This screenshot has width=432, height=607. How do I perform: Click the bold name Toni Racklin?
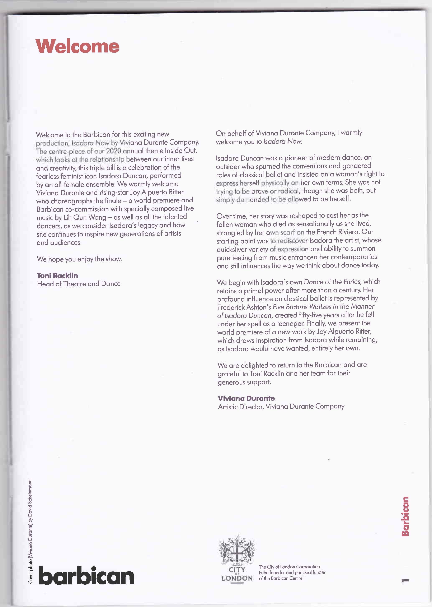[x=57, y=275]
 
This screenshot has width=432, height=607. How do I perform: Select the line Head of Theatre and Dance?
[x=79, y=284]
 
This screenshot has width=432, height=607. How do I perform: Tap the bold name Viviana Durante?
[x=246, y=398]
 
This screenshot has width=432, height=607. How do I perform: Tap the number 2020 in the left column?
[x=114, y=151]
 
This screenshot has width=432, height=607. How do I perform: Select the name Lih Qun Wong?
[x=85, y=217]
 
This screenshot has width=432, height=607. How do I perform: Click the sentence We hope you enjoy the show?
[x=79, y=259]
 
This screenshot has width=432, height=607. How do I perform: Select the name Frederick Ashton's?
[x=244, y=307]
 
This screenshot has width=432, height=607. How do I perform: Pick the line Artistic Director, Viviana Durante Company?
[x=281, y=406]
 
